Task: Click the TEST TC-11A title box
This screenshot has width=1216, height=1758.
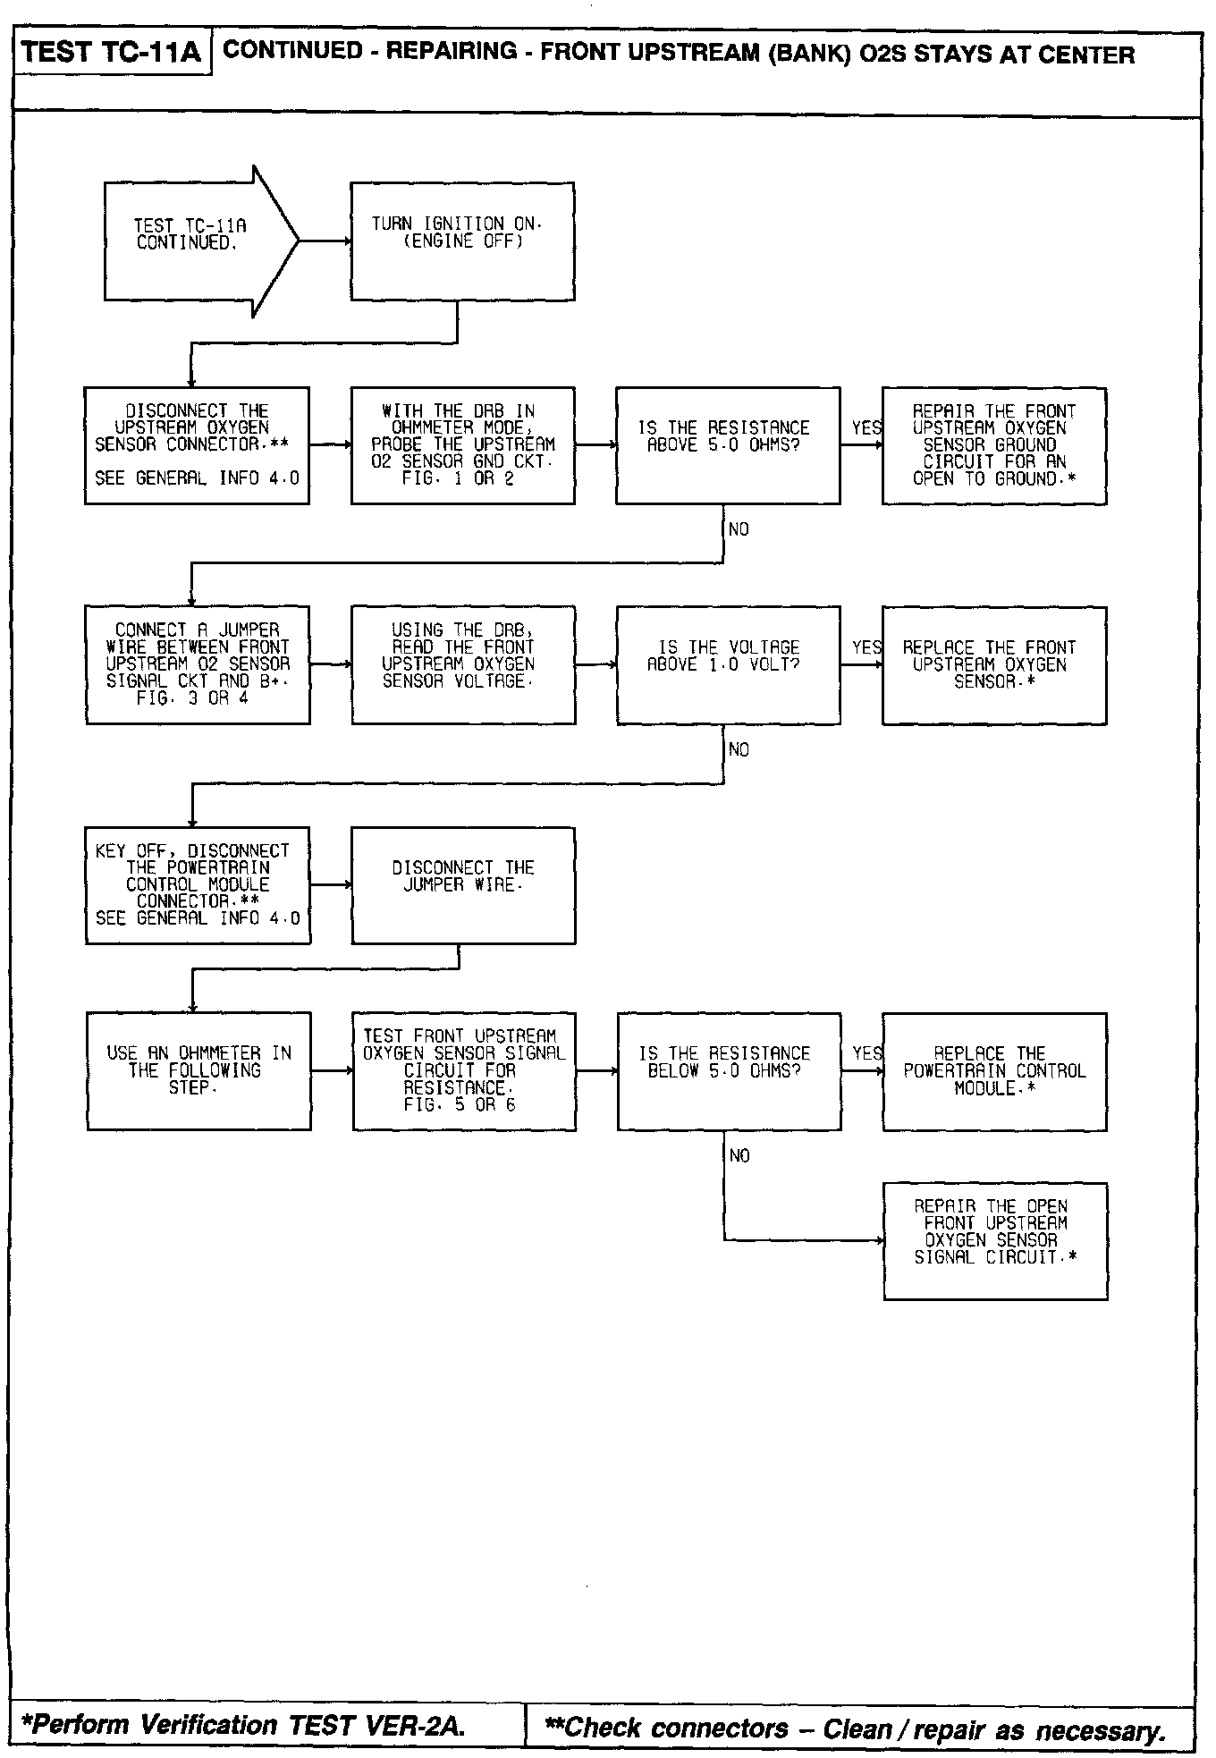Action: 112,53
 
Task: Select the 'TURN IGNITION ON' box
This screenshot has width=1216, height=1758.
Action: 461,241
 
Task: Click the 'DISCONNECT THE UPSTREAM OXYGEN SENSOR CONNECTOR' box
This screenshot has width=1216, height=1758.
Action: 197,445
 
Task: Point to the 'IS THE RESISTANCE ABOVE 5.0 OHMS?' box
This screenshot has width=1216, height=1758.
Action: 728,445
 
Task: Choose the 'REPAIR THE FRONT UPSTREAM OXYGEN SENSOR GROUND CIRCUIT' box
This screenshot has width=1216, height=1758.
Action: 993,445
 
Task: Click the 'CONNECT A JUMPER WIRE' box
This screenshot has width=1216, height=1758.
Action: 198,664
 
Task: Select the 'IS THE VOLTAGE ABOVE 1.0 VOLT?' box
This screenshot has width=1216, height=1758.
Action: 728,664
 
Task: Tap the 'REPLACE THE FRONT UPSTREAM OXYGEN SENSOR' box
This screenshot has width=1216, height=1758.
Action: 993,664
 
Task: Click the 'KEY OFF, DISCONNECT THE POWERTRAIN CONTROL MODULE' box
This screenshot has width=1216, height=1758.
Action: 198,884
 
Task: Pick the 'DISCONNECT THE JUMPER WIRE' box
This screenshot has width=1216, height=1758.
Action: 463,884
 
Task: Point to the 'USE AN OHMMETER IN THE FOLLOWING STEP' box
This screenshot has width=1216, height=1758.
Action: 198,1070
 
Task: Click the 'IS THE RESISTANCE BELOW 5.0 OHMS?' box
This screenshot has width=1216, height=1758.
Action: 729,1070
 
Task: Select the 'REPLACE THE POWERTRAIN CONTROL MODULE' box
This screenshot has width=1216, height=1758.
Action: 994,1070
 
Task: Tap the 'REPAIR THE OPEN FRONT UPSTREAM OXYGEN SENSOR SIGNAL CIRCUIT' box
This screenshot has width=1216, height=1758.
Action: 995,1240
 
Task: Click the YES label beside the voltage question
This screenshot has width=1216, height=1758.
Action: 866,647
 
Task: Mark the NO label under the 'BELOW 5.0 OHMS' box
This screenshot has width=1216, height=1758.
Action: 739,1156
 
